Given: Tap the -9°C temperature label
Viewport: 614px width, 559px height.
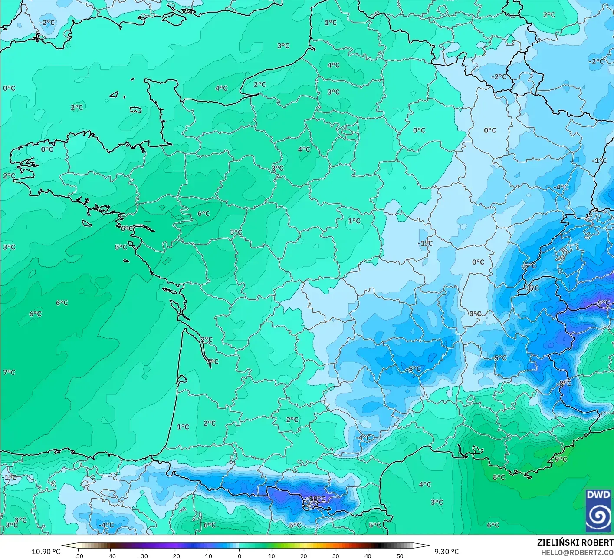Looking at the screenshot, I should [603, 303].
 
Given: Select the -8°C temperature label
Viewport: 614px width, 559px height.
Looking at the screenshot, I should [565, 384].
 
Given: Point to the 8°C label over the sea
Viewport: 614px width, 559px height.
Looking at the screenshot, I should [499, 477].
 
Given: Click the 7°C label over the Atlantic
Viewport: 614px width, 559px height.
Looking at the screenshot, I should [9, 373].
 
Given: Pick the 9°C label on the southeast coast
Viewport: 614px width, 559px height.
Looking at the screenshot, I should [561, 459].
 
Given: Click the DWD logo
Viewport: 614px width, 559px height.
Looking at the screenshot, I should [598, 510].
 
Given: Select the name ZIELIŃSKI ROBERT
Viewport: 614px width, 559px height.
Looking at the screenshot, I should [575, 542].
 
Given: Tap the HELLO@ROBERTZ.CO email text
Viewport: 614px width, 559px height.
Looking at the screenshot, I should [577, 552].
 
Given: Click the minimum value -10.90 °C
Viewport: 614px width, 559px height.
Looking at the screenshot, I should [44, 552].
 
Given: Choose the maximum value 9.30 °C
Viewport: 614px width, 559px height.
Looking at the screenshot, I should [447, 552].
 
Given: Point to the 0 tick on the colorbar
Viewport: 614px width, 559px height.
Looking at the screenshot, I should [239, 556].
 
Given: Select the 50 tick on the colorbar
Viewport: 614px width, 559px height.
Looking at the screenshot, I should [400, 556].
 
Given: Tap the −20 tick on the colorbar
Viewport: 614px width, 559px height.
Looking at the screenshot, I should [174, 556].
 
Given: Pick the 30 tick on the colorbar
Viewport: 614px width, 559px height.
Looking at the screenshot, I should [335, 556].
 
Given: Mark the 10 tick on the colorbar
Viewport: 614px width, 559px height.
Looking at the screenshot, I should [271, 556].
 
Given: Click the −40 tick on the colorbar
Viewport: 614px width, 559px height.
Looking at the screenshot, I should [110, 556].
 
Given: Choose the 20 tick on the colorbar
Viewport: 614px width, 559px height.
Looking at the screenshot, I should [303, 556].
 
